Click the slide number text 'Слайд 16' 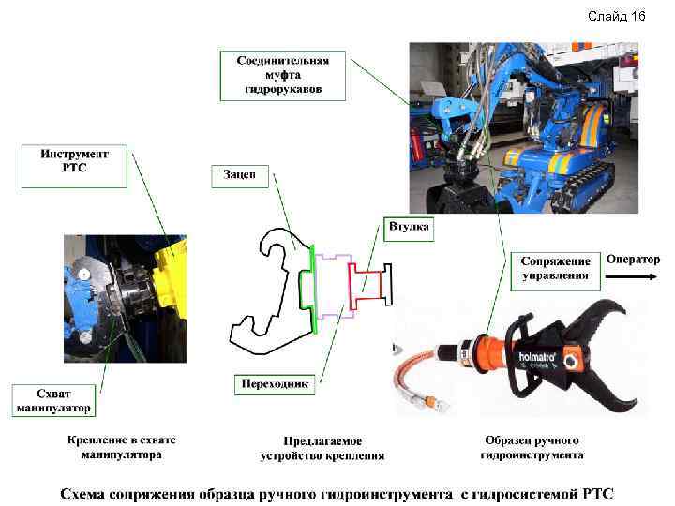616,17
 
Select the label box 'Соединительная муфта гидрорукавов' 283,75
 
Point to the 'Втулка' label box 408,227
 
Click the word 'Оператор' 633,259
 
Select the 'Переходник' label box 274,384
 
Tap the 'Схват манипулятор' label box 54,400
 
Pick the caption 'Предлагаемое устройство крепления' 322,448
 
